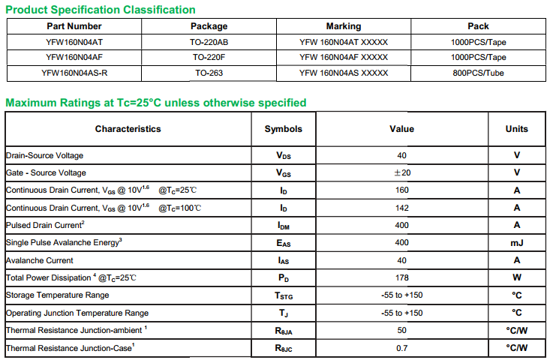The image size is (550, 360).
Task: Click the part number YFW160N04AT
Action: click(x=74, y=42)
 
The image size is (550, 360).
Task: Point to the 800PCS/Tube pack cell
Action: click(x=478, y=73)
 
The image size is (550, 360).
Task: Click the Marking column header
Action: click(x=343, y=26)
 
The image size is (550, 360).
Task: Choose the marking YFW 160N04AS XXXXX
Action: click(x=343, y=73)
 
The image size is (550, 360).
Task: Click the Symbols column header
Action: click(x=283, y=129)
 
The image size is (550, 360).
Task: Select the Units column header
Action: click(x=516, y=129)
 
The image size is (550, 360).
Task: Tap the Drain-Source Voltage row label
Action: click(x=44, y=155)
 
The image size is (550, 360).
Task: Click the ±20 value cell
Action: click(x=401, y=172)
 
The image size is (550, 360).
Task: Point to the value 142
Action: click(x=401, y=208)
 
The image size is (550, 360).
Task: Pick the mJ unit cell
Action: click(x=516, y=243)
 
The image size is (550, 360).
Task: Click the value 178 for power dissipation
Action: click(x=401, y=277)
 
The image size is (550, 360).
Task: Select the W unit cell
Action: click(x=516, y=277)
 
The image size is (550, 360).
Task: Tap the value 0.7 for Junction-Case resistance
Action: click(x=401, y=348)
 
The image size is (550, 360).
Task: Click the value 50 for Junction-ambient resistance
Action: click(x=401, y=330)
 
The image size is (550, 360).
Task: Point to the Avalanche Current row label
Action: click(x=40, y=260)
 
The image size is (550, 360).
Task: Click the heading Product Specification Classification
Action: click(x=101, y=10)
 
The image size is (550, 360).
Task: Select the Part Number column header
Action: click(x=74, y=26)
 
